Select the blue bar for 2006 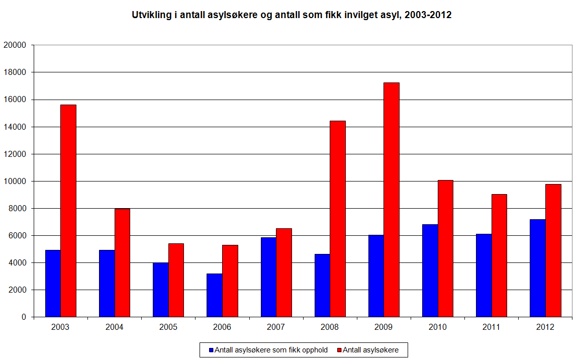click(215, 295)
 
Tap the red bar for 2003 click(68, 211)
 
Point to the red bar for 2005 click(176, 280)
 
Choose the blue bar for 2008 click(322, 285)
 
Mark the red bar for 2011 click(499, 255)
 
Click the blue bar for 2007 click(268, 277)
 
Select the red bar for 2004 click(122, 262)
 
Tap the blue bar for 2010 click(430, 271)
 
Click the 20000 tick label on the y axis click(15, 45)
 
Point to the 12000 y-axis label click(15, 154)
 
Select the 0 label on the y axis click(24, 317)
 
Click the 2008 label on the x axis click(330, 327)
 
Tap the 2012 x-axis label click(545, 327)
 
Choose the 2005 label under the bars click(168, 327)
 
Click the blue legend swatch click(211, 350)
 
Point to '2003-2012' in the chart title click(428, 15)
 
